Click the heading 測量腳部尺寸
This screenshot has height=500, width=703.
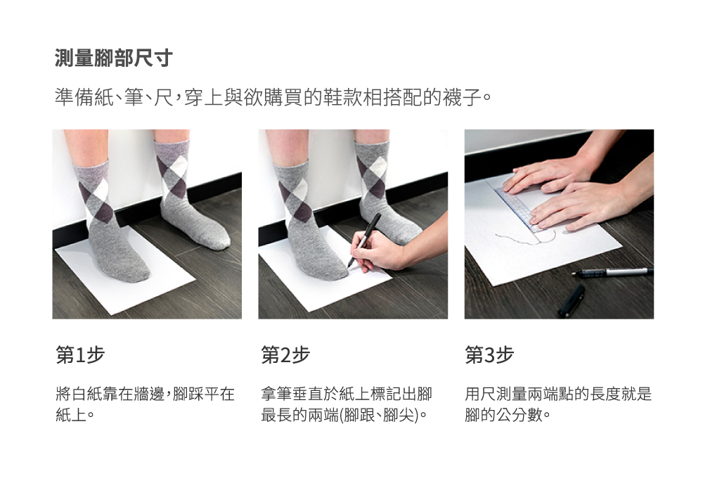coord(113,58)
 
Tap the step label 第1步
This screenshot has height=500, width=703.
coord(80,355)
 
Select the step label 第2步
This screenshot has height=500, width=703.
coord(285,355)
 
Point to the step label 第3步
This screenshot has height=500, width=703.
coord(489,355)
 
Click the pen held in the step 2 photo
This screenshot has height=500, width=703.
coord(364,240)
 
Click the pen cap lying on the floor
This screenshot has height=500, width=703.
coord(572,301)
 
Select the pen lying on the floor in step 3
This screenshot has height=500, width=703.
coord(612,271)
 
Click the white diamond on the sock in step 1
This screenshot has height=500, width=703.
coord(99,191)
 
